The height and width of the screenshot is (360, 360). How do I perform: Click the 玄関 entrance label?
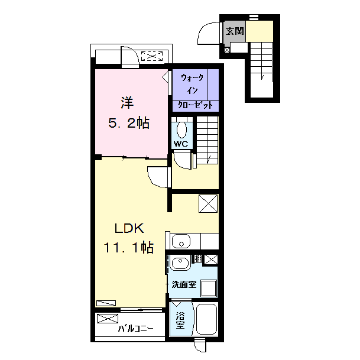click(x=235, y=31)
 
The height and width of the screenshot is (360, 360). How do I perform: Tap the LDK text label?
click(x=129, y=228)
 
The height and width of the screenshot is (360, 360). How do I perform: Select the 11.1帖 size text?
click(x=129, y=247)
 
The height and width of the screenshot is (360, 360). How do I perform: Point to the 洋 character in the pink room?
click(x=127, y=103)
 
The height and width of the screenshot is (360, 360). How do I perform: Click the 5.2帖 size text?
click(x=129, y=123)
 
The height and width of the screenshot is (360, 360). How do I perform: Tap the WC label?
click(x=181, y=144)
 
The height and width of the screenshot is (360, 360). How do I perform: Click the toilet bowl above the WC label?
click(x=182, y=129)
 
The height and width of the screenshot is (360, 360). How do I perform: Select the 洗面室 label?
click(x=184, y=284)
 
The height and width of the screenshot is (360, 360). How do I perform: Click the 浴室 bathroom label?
click(x=180, y=320)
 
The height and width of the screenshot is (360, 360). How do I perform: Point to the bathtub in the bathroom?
click(x=207, y=319)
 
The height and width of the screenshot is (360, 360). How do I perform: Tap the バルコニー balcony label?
click(x=136, y=329)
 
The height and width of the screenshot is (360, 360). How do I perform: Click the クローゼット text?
click(x=195, y=105)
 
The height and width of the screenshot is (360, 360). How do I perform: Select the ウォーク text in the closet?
click(x=192, y=78)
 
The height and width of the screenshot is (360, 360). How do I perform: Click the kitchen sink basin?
click(x=181, y=241)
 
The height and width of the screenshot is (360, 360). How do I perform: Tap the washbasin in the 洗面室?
click(x=180, y=262)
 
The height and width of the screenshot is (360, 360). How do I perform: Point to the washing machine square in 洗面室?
click(x=209, y=288)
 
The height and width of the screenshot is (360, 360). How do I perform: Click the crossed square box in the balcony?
click(x=108, y=319)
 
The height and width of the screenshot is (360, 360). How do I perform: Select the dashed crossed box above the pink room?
click(x=152, y=56)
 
